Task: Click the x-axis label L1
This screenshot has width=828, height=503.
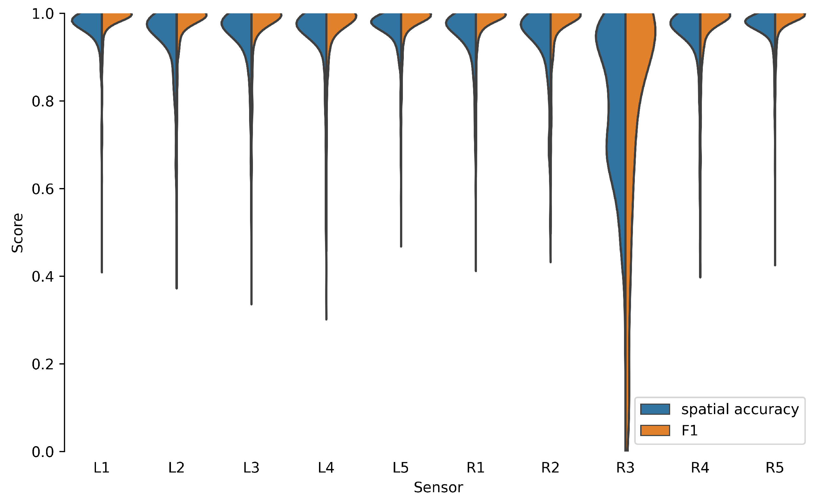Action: (x=101, y=468)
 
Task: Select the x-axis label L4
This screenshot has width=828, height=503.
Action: (x=326, y=468)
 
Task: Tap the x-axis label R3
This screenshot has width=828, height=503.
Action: (x=625, y=468)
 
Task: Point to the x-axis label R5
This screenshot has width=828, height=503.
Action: (x=775, y=468)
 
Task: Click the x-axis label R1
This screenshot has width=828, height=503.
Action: (x=476, y=468)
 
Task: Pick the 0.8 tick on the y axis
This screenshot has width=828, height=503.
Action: (x=43, y=101)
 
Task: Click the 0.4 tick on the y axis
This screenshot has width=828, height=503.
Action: (x=43, y=277)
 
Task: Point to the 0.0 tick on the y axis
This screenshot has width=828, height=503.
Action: (x=43, y=452)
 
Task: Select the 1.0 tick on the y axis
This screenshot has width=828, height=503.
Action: (x=43, y=14)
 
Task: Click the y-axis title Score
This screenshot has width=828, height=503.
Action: (x=17, y=233)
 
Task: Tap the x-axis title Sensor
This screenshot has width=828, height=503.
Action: (x=438, y=487)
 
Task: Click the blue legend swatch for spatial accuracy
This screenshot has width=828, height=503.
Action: (x=655, y=409)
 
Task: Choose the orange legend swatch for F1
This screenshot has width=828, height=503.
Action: (x=655, y=431)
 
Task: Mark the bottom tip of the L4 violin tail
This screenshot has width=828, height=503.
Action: (x=326, y=319)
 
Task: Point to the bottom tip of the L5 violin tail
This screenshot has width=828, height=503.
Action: (x=401, y=247)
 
